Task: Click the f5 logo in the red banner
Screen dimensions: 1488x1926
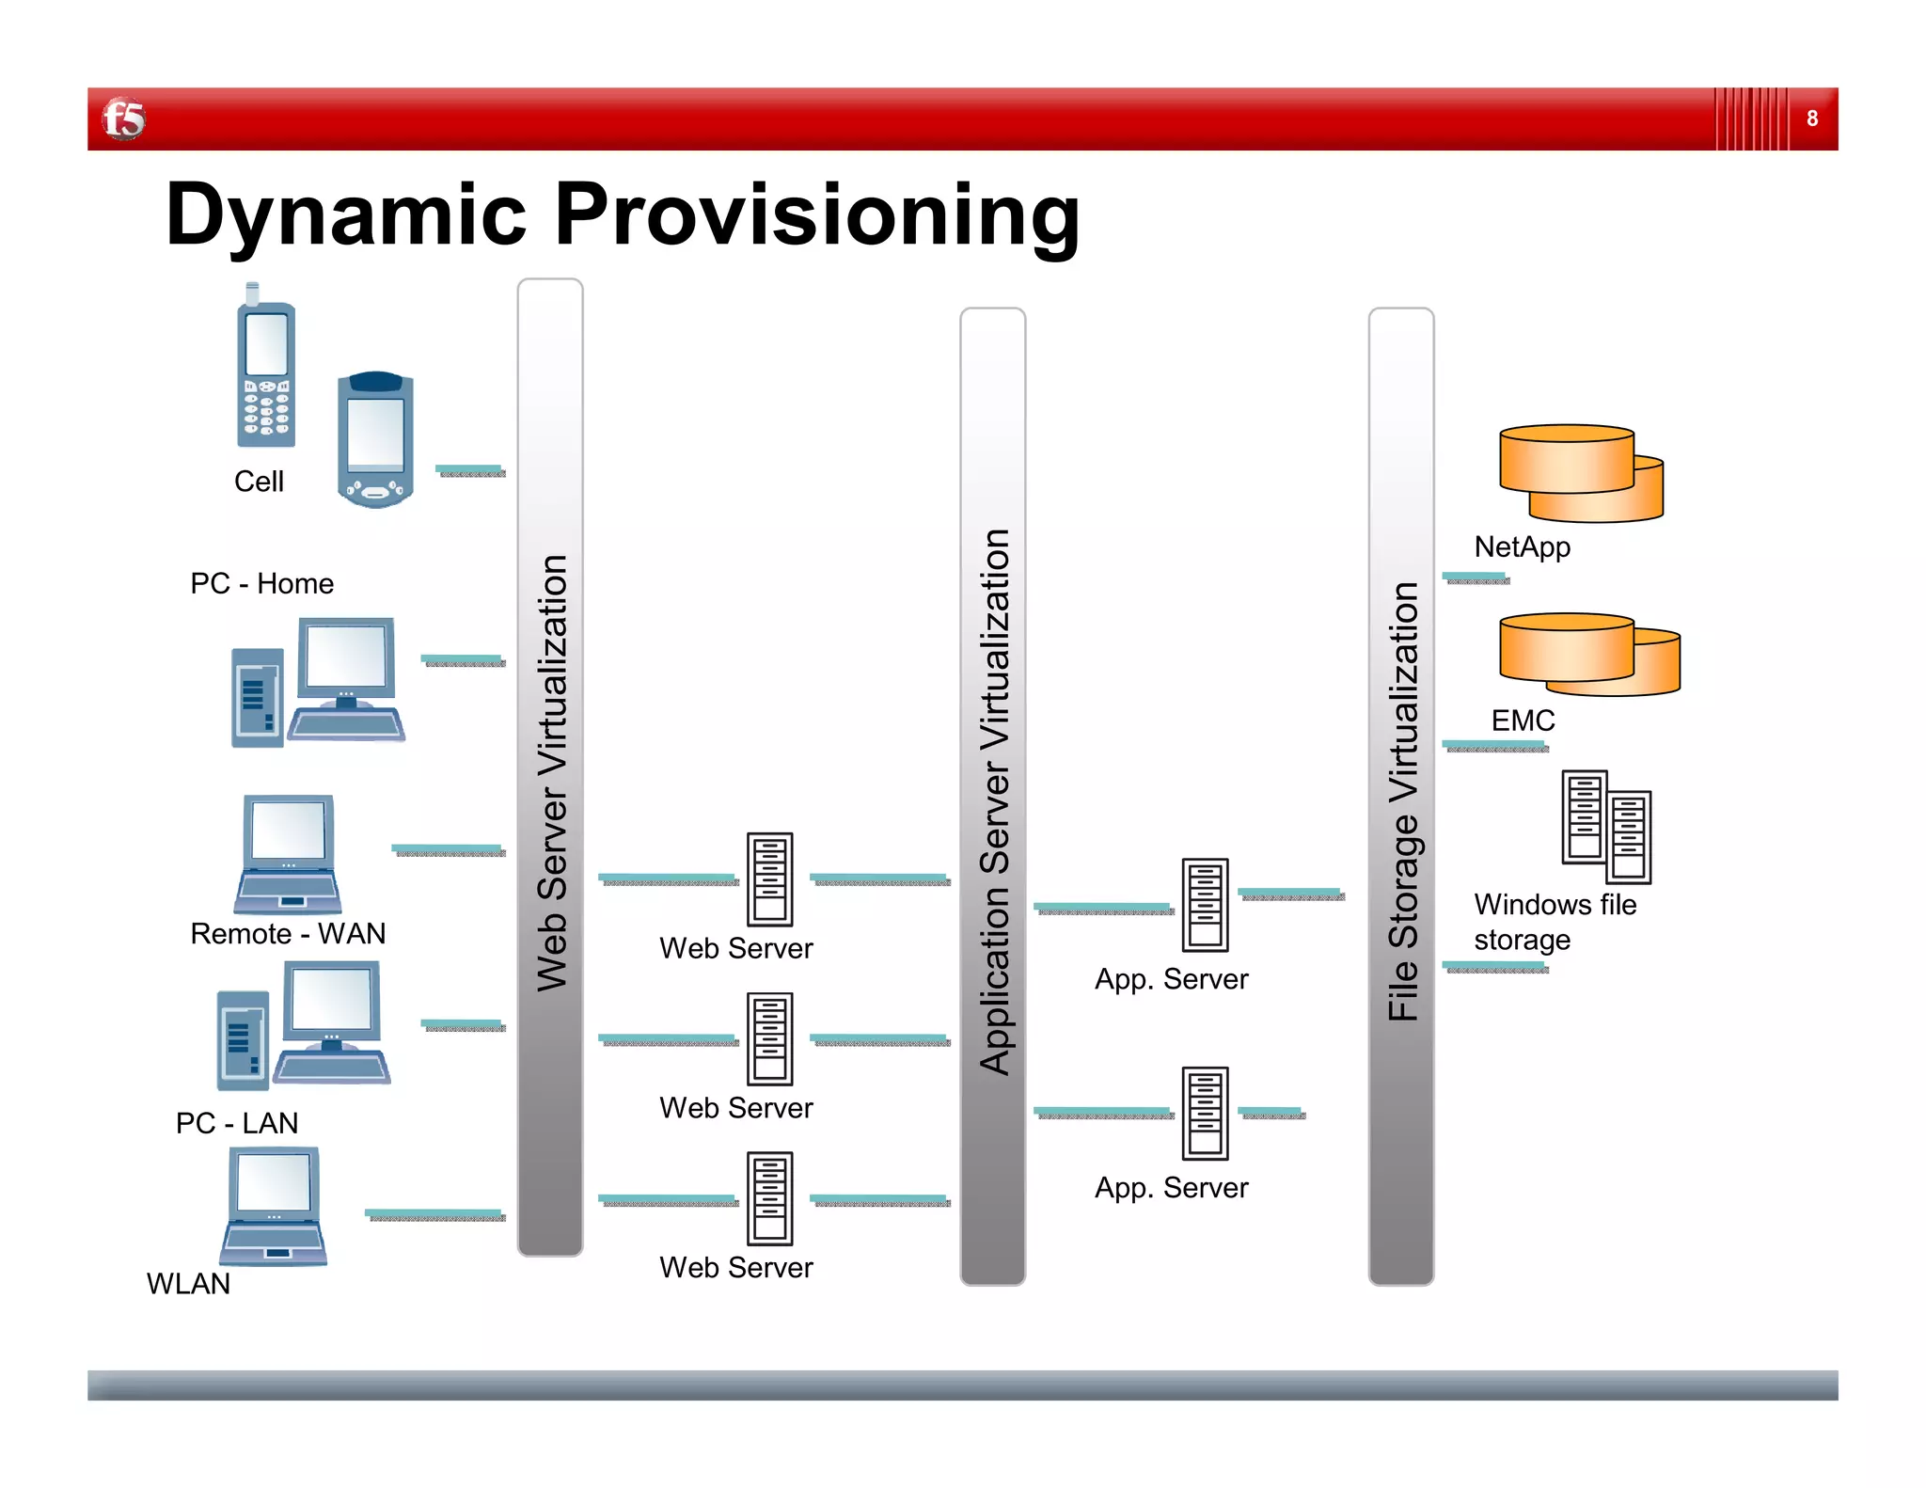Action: pos(123,119)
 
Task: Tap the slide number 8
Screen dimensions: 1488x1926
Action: pos(1811,119)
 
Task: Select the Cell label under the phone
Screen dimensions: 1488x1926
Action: pos(259,482)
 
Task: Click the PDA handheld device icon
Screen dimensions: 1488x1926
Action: pos(375,439)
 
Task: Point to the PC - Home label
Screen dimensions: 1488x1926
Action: pos(261,583)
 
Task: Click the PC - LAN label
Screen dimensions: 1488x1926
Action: pos(237,1123)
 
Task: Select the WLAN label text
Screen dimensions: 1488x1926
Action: pos(188,1284)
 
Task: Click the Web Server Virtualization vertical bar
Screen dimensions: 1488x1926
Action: pos(550,767)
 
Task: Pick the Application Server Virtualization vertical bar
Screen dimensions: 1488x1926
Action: pos(992,796)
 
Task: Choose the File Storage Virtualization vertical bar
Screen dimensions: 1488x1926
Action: pos(1401,796)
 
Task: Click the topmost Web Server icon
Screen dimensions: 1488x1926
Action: pos(769,879)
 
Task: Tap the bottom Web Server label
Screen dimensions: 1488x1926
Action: pos(735,1268)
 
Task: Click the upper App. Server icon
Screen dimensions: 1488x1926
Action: pos(1205,905)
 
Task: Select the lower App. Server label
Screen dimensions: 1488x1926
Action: pos(1171,1188)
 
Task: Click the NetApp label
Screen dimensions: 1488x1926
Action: pos(1522,546)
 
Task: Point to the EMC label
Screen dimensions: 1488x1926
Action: pos(1523,720)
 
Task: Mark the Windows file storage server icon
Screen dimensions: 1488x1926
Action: pos(1605,827)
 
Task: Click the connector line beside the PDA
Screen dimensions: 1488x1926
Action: pos(470,470)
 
